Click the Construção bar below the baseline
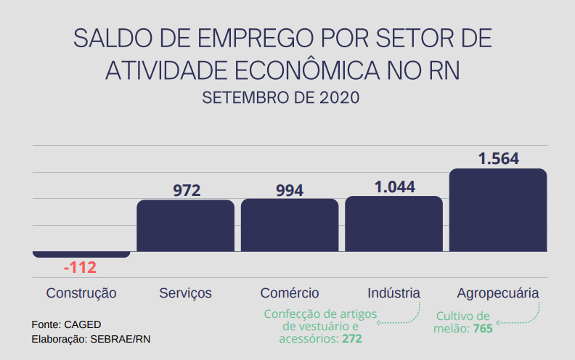click(x=81, y=254)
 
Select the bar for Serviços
click(x=185, y=226)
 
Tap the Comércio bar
click(x=289, y=225)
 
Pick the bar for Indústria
click(x=393, y=224)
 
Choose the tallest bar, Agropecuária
click(x=497, y=210)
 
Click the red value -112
click(x=80, y=268)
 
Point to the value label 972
click(x=187, y=191)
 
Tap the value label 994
click(x=290, y=191)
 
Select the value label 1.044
click(x=394, y=187)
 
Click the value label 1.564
click(x=498, y=159)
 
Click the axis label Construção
click(x=81, y=293)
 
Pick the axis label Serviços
click(x=185, y=293)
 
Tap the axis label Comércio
click(x=290, y=293)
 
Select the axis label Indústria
click(x=393, y=293)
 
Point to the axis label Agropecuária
click(x=498, y=293)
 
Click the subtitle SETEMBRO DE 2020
click(x=281, y=97)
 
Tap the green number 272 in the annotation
click(x=352, y=339)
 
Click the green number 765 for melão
click(x=482, y=329)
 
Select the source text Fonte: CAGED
click(x=66, y=324)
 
